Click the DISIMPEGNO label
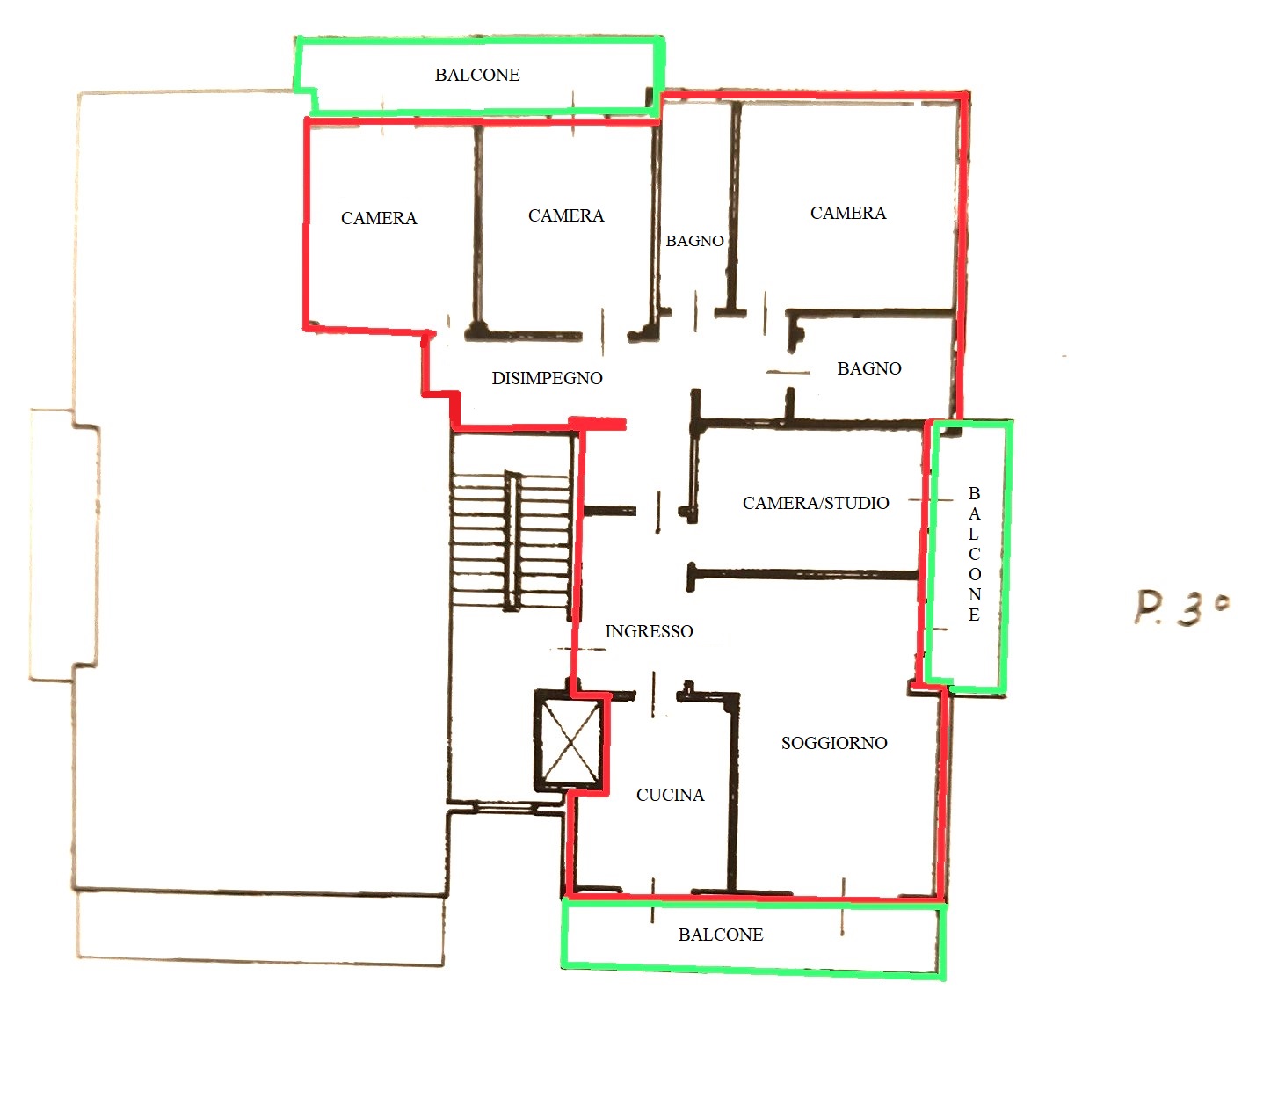[x=548, y=378]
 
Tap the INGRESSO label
[x=650, y=631]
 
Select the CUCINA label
[x=671, y=795]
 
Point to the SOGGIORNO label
[x=834, y=743]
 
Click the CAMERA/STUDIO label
[x=816, y=503]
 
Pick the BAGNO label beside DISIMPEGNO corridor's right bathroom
[x=869, y=368]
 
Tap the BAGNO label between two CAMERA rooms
[x=694, y=241]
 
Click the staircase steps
[x=512, y=541]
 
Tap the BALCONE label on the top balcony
[x=476, y=75]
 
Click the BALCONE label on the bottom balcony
[x=721, y=935]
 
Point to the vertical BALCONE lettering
[x=974, y=554]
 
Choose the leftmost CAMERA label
[x=379, y=218]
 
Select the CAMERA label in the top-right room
[x=848, y=213]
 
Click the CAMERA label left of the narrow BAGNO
[x=566, y=215]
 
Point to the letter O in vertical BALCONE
[x=975, y=574]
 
